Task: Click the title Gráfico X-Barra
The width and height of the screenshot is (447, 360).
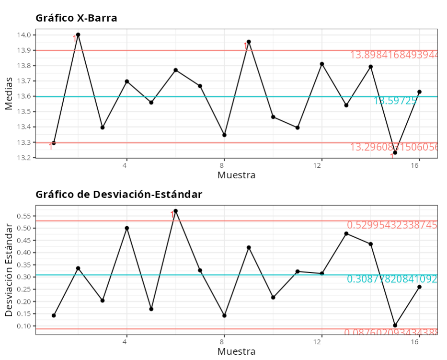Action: point(76,18)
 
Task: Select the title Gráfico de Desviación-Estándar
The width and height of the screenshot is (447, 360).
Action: point(119,195)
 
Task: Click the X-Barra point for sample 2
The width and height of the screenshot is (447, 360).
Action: point(78,35)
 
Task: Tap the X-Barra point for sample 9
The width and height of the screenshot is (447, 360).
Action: point(249,42)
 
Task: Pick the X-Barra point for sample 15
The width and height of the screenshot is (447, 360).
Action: point(395,152)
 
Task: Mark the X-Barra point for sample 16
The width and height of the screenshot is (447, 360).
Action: point(419,92)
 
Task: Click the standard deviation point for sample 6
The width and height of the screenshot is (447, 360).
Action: point(175,211)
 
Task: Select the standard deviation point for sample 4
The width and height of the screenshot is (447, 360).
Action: point(127,228)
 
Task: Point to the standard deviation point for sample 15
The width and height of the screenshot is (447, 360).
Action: point(395,325)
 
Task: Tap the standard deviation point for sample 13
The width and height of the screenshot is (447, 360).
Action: point(346,233)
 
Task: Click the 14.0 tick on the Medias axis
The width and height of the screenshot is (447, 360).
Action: point(25,35)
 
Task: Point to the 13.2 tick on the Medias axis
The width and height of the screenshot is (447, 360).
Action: point(25,158)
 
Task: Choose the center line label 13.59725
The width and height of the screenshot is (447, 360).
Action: point(395,101)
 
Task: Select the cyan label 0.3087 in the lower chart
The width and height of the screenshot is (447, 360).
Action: point(392,279)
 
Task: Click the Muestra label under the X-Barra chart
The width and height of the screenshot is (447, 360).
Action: point(236,175)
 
